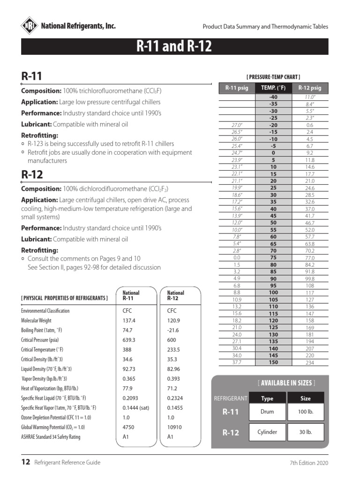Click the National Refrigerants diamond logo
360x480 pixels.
(x=30, y=26)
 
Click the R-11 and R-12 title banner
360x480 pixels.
(x=174, y=47)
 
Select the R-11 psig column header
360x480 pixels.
(x=236, y=88)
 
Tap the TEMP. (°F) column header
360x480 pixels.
(x=273, y=88)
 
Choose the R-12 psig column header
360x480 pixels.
(x=309, y=88)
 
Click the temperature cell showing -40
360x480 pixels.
(x=273, y=97)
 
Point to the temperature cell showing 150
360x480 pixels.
(x=273, y=362)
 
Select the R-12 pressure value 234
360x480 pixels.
(x=309, y=362)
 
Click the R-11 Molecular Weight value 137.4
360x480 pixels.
(x=129, y=320)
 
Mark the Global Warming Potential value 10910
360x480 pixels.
(x=176, y=427)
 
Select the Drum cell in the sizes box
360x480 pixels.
(x=267, y=412)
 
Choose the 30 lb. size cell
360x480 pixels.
(x=306, y=432)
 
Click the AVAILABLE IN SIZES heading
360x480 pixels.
(x=286, y=383)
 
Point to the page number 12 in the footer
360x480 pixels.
(x=26, y=462)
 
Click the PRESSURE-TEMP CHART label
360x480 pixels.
(x=273, y=77)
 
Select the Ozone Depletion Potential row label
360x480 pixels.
(x=56, y=417)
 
